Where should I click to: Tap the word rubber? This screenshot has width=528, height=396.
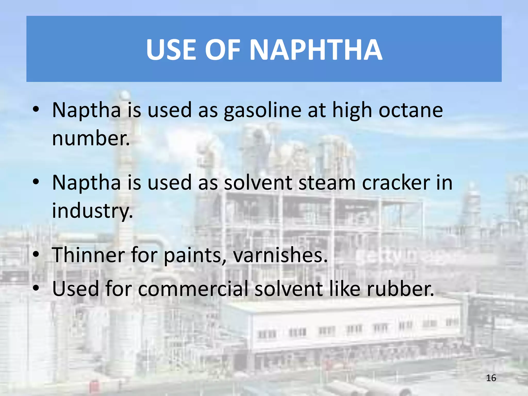[400, 289]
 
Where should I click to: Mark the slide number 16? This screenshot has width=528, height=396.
[491, 378]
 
